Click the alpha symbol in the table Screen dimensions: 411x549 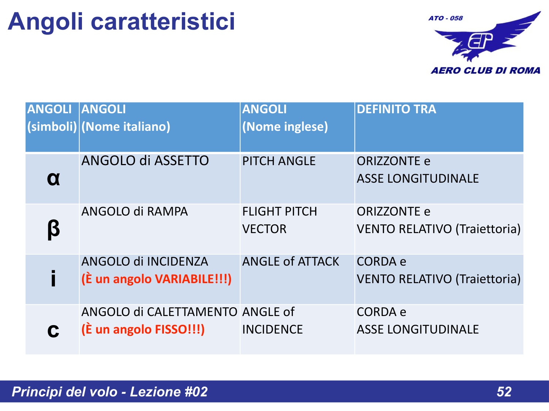coord(53,179)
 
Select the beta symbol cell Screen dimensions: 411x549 coord(53,229)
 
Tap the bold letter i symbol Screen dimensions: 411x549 coord(53,279)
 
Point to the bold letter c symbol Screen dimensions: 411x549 coord(53,330)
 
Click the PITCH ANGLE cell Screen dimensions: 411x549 coord(279,161)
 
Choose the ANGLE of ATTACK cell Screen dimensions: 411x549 coord(291,262)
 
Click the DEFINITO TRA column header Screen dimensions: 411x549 coord(396,109)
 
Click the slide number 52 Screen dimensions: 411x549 coord(504,392)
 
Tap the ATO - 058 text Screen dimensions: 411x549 coord(445,18)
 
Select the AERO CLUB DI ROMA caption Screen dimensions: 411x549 coord(485,71)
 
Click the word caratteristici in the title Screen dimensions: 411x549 coord(163,21)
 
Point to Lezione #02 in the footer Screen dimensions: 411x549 coord(169,392)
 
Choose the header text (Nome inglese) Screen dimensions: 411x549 coord(285,127)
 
